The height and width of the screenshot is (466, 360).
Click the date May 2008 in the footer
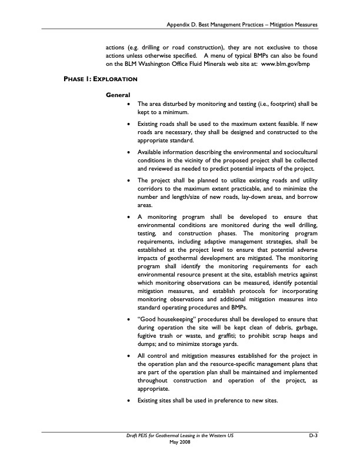click(180, 442)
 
